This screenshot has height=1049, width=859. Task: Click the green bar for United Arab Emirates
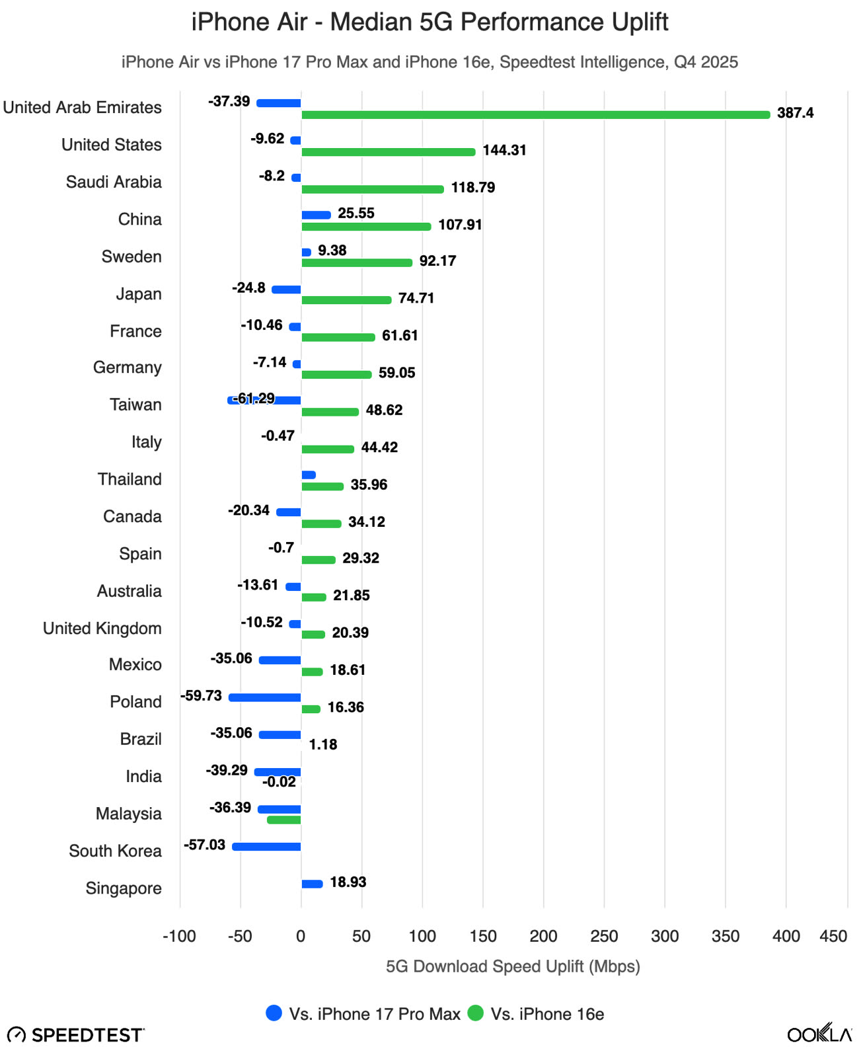[x=535, y=115]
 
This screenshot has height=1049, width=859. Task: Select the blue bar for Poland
[x=264, y=697]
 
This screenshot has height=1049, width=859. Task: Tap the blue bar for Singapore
[x=312, y=884]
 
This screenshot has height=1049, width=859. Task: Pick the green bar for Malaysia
[x=283, y=820]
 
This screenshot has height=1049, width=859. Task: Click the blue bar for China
[x=316, y=215]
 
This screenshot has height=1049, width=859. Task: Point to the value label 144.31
[x=504, y=150]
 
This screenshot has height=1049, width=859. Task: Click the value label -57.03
[x=204, y=845]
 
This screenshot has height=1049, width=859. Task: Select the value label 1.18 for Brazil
[x=323, y=744]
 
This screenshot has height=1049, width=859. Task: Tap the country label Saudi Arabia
[x=114, y=182]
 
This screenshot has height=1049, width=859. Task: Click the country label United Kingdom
[x=102, y=628]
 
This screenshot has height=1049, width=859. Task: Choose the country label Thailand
[x=130, y=479]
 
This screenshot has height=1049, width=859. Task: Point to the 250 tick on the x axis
[x=604, y=936]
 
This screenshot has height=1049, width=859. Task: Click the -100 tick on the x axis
[x=179, y=936]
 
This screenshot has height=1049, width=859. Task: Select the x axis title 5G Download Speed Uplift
[x=513, y=966]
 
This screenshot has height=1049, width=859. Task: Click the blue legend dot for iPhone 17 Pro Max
[x=274, y=1013]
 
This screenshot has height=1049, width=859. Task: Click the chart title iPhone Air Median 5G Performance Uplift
[x=429, y=22]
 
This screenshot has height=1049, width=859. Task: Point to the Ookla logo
[x=819, y=1034]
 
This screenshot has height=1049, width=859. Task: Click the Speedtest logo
[x=75, y=1034]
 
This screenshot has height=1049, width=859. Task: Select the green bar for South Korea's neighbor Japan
[x=346, y=300]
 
